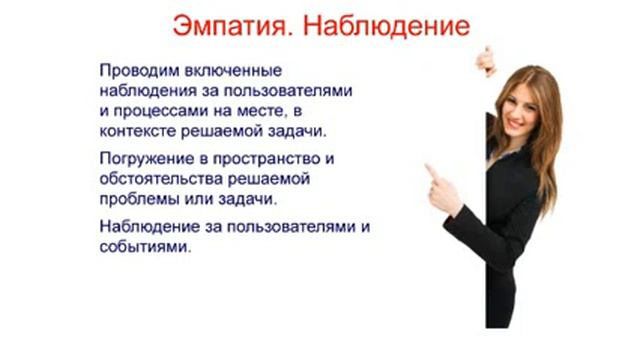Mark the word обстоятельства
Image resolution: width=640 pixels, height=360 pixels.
tap(166, 178)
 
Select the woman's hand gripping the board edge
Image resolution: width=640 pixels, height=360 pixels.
tap(485, 59)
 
